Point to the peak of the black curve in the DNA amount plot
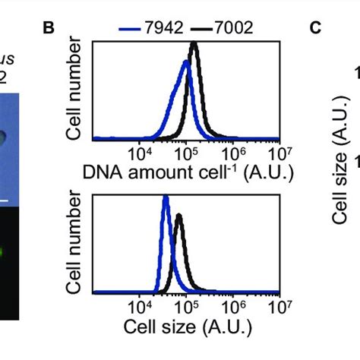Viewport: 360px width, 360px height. [194, 44]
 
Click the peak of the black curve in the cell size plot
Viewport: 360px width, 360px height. [179, 215]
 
